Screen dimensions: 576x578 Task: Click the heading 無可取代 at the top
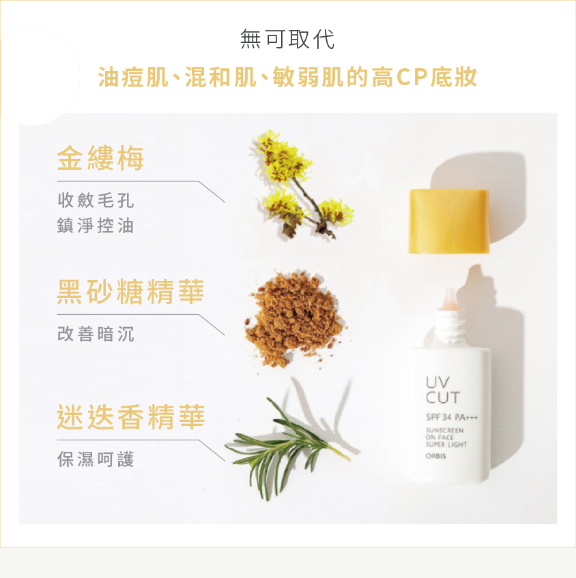pyautogui.click(x=287, y=39)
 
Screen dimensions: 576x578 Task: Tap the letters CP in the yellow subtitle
pyautogui.click(x=412, y=77)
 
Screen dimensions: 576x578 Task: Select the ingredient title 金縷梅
pyautogui.click(x=100, y=158)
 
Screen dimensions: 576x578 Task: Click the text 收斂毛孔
pyautogui.click(x=96, y=200)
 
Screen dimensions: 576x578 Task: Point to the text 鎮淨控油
pyautogui.click(x=96, y=226)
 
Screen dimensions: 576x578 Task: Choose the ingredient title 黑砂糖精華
pyautogui.click(x=130, y=292)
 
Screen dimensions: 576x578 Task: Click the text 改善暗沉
pyautogui.click(x=96, y=334)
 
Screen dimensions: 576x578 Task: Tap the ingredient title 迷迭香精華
pyautogui.click(x=130, y=417)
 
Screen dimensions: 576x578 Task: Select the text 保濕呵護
pyautogui.click(x=96, y=459)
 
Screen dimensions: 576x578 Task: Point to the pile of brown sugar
pyautogui.click(x=293, y=319)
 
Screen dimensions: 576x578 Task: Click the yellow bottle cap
pyautogui.click(x=449, y=221)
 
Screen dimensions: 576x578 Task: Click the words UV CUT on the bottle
pyautogui.click(x=442, y=390)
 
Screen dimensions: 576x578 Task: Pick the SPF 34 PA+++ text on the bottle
pyautogui.click(x=452, y=417)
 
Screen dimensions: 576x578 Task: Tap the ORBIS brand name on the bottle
pyautogui.click(x=436, y=456)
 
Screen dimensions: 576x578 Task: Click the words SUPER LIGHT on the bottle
pyautogui.click(x=446, y=444)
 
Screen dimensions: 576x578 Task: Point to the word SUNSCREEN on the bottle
pyautogui.click(x=445, y=430)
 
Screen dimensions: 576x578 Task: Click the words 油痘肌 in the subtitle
pyautogui.click(x=133, y=77)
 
